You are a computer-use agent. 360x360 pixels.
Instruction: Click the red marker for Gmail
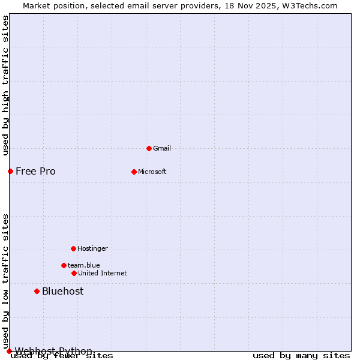pyautogui.click(x=149, y=148)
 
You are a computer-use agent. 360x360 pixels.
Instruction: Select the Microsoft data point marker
pyautogui.click(x=134, y=172)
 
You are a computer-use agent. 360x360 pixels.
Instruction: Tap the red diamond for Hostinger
pyautogui.click(x=73, y=248)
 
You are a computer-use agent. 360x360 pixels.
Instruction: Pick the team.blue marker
pyautogui.click(x=64, y=265)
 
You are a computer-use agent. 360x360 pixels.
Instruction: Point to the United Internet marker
pyautogui.click(x=74, y=273)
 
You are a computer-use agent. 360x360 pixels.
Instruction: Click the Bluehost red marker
pyautogui.click(x=37, y=291)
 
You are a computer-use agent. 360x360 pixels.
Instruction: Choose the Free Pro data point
pyautogui.click(x=10, y=171)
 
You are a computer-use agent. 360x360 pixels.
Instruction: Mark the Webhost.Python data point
pyautogui.click(x=9, y=351)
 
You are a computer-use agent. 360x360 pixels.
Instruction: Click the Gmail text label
pyautogui.click(x=162, y=148)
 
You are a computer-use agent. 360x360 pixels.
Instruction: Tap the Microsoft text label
pyautogui.click(x=152, y=172)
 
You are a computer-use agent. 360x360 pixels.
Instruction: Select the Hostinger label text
pyautogui.click(x=92, y=248)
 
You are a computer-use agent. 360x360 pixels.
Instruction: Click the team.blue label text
pyautogui.click(x=83, y=265)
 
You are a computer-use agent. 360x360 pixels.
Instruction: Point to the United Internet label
pyautogui.click(x=102, y=273)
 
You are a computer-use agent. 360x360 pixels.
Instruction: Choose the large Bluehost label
pyautogui.click(x=62, y=291)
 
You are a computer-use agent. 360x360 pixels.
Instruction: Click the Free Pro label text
pyautogui.click(x=35, y=171)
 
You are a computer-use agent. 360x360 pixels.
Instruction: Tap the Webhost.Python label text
pyautogui.click(x=53, y=351)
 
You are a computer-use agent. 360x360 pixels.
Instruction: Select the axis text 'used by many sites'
pyautogui.click(x=301, y=356)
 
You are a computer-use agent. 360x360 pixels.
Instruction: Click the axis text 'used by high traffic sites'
pyautogui.click(x=6, y=85)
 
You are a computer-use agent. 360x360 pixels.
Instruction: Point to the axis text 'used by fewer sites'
pyautogui.click(x=62, y=356)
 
